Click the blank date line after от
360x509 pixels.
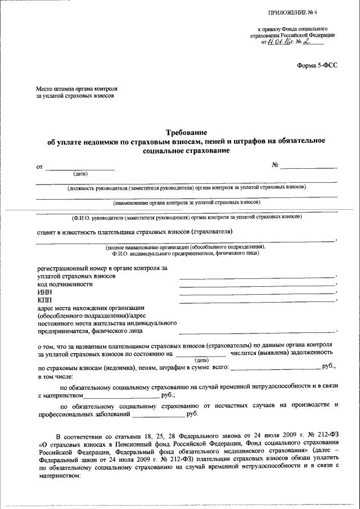[80, 169]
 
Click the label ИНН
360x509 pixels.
[45, 292]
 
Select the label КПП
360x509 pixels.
[45, 301]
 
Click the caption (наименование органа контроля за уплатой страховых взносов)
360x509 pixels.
[186, 201]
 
